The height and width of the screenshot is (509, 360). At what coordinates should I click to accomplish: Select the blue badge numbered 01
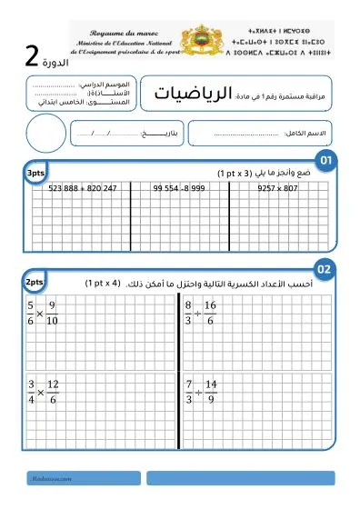coord(325,162)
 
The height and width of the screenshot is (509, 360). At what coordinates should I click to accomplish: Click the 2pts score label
coord(36,283)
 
